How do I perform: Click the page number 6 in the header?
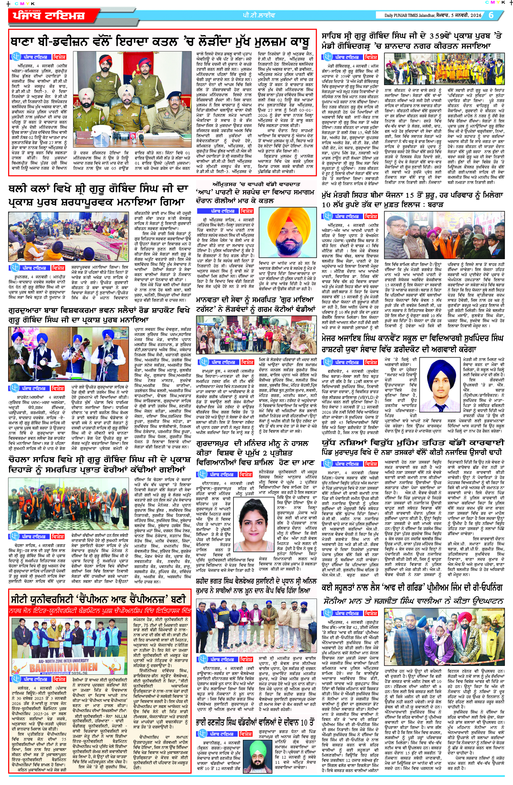[491, 15]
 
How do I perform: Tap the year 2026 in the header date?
[474, 15]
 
